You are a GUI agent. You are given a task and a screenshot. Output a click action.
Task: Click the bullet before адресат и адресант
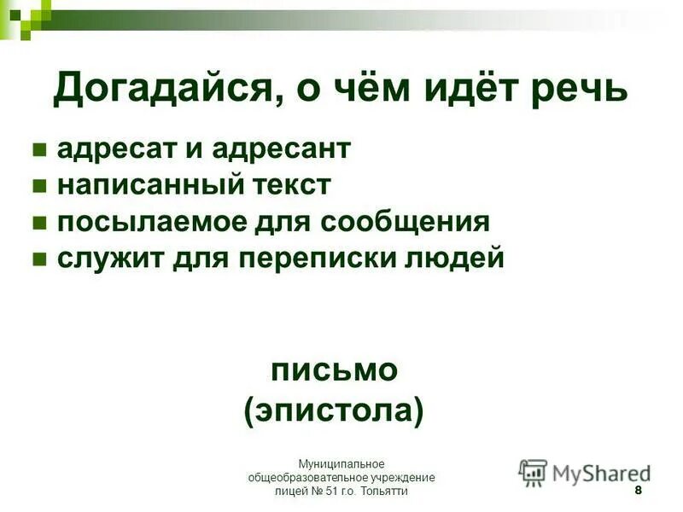(38, 151)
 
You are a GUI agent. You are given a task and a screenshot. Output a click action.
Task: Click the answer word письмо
(334, 369)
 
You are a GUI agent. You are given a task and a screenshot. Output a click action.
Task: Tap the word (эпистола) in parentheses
(334, 410)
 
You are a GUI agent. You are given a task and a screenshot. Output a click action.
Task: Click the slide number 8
(638, 492)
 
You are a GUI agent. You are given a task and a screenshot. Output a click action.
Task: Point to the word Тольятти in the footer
(388, 492)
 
